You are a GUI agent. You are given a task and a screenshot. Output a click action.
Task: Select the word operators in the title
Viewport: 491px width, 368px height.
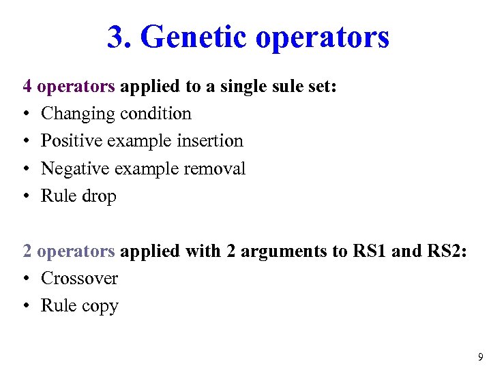point(323,38)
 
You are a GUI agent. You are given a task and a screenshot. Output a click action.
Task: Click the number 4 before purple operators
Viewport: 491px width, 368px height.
point(28,87)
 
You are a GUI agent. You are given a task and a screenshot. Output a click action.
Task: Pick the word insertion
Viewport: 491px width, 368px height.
point(209,141)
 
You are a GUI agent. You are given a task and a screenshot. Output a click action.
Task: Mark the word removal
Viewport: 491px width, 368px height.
point(215,168)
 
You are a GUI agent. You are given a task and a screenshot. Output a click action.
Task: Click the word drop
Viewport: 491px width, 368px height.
point(98,196)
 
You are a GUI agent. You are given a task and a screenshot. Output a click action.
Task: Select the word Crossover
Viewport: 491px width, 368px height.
point(79,278)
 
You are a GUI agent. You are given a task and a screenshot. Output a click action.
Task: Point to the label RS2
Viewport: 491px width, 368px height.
point(445,251)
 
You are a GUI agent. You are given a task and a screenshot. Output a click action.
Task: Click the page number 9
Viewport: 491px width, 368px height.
point(480,356)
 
